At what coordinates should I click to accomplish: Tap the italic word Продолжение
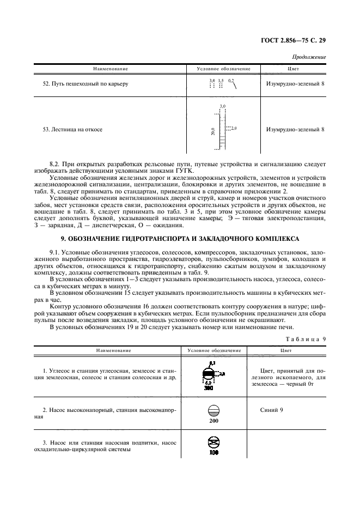(x=309, y=57)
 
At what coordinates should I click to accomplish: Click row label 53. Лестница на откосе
(x=72, y=130)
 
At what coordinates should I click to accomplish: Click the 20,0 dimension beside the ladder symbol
(x=213, y=131)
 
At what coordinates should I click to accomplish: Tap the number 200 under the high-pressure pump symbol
(x=213, y=421)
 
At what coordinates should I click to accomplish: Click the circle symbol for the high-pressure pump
(x=213, y=411)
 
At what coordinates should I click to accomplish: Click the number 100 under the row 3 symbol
(x=213, y=453)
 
